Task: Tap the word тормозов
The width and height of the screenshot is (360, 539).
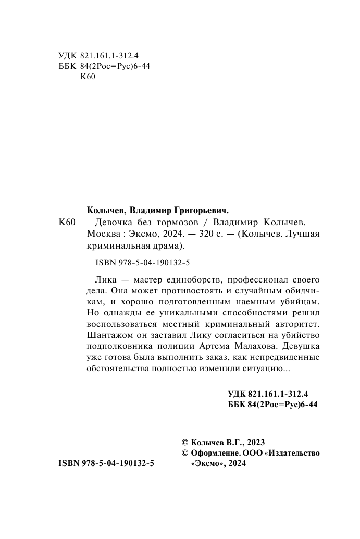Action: click(x=164, y=222)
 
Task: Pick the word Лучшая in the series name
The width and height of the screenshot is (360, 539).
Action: click(x=300, y=234)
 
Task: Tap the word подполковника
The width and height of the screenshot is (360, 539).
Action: click(x=117, y=347)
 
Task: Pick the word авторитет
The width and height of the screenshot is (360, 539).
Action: click(x=294, y=324)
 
